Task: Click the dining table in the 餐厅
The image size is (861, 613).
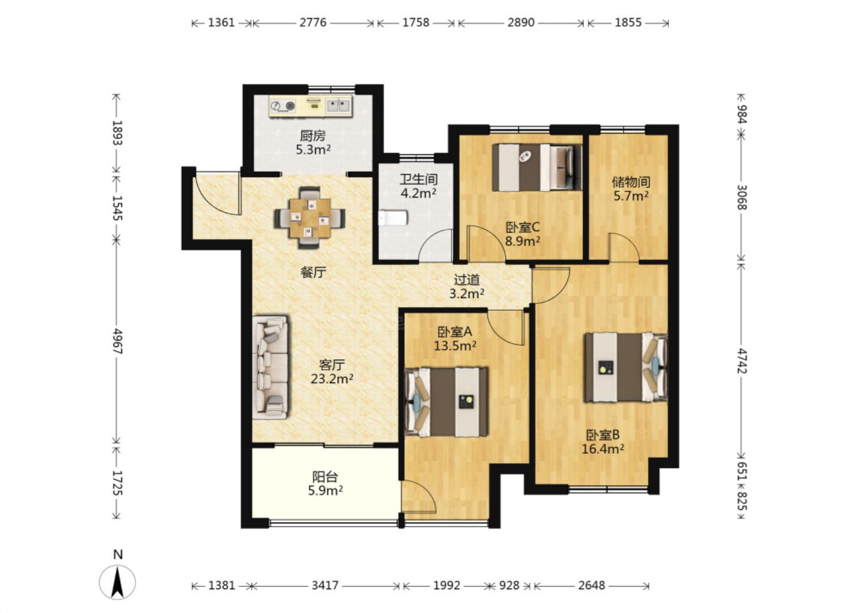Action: [x=310, y=217]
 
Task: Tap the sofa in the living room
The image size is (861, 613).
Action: [x=270, y=368]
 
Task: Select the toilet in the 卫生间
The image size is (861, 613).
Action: [x=392, y=218]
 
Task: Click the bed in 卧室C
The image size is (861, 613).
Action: [x=537, y=168]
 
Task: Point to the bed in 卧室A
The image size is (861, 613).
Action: [x=446, y=402]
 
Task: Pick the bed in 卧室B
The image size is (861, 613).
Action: [x=625, y=368]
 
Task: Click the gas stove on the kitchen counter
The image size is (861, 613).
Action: [x=283, y=105]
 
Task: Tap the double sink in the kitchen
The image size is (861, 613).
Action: [x=338, y=105]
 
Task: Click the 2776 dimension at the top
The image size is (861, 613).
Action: [x=313, y=23]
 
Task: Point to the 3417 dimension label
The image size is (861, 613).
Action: [x=325, y=585]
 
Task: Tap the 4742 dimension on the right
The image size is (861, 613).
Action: [x=741, y=361]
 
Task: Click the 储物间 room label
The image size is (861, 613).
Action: [x=631, y=182]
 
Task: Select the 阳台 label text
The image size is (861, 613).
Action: [x=325, y=477]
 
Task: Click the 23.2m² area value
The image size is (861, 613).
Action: [x=332, y=379]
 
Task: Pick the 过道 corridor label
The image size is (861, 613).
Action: [x=467, y=280]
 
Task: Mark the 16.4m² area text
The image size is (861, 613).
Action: [x=603, y=449]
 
